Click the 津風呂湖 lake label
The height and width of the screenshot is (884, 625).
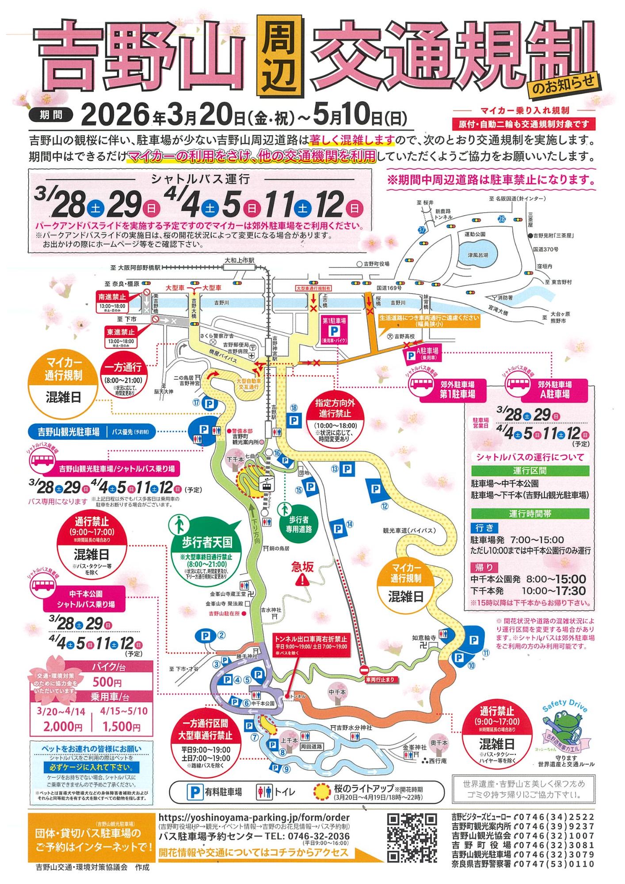[478, 255]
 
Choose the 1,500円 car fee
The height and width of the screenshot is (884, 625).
[122, 726]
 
